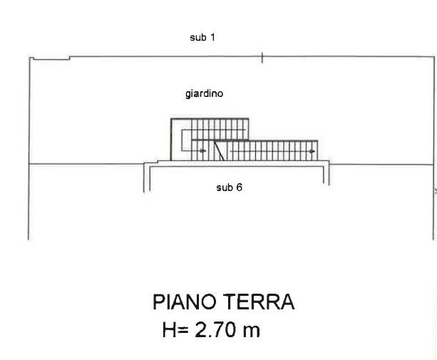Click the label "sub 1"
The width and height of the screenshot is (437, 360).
[x=202, y=37]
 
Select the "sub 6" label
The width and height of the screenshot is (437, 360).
[x=230, y=188]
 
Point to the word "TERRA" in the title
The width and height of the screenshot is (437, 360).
[x=258, y=302]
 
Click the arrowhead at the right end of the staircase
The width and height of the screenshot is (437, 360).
[x=312, y=150]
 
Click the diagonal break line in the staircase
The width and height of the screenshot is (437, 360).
[x=222, y=150]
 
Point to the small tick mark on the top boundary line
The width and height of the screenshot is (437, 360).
[x=262, y=58]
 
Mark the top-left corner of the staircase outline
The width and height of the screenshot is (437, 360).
[x=171, y=118]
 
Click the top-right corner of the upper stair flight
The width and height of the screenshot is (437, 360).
[x=248, y=118]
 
